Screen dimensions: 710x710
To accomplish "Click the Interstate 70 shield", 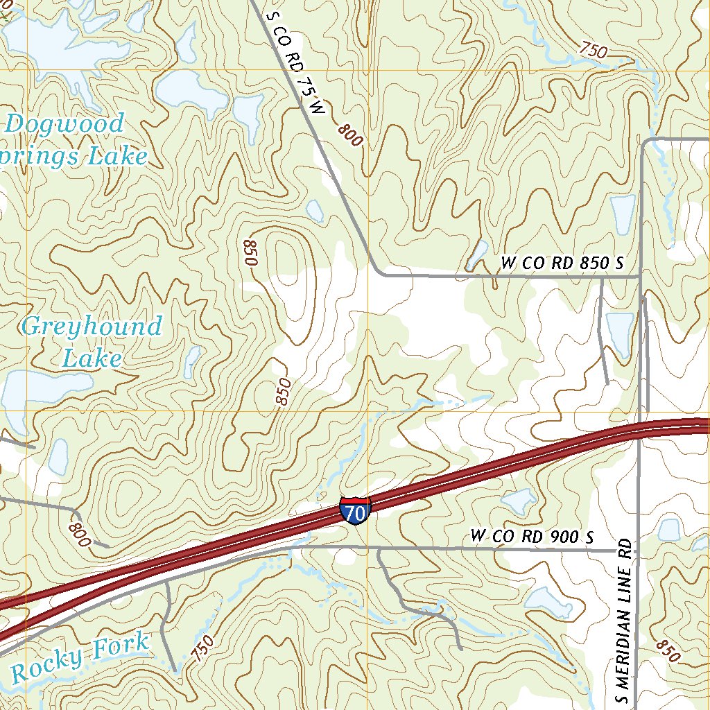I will pos(355,510).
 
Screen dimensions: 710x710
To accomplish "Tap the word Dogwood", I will pos(64,125).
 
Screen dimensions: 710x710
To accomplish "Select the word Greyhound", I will pos(92,326).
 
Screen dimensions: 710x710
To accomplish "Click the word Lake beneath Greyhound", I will pos(92,358).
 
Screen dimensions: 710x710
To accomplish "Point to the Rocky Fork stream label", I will pos(80,656).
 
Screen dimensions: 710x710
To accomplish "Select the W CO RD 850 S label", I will pos(562,263).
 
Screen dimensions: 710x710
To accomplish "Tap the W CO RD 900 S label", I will pos(532,536).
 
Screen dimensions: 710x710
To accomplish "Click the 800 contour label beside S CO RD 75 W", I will pos(351,135).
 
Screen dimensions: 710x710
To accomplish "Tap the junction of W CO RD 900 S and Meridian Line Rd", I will pos(638,551).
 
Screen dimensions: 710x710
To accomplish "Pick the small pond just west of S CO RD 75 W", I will pos(315,211).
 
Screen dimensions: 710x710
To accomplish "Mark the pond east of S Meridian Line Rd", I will pos(668,530).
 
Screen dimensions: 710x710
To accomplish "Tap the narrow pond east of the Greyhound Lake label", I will pos(192,361).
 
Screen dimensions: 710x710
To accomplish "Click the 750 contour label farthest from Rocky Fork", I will pos(593,51).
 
